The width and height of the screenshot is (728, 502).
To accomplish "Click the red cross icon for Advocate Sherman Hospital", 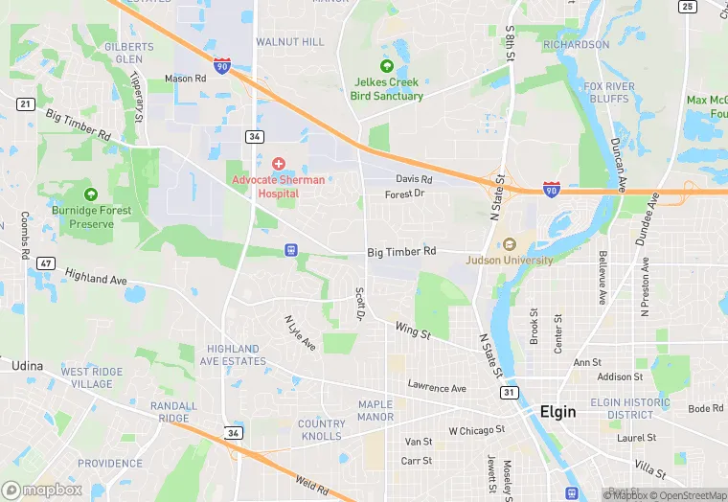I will [x=279, y=164].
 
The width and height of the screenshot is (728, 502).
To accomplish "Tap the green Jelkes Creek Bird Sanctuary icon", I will [x=387, y=66].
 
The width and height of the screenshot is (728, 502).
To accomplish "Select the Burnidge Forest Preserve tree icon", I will [x=91, y=194].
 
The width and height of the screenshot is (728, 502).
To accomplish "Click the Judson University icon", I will [x=509, y=244].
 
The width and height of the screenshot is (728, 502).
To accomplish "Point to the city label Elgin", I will [x=557, y=412].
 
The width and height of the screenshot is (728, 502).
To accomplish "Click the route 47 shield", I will [x=45, y=262].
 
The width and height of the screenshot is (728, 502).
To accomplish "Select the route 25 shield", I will [x=686, y=7].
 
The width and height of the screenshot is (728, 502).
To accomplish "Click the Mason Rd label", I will [x=185, y=79].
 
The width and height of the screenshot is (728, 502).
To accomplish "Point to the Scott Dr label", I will [x=360, y=303].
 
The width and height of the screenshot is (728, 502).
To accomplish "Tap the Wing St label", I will [x=413, y=330].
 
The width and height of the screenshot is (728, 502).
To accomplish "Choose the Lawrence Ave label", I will [x=436, y=388].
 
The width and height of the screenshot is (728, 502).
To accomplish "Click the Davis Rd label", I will [x=414, y=179].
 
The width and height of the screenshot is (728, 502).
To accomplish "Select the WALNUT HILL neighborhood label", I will [x=289, y=42].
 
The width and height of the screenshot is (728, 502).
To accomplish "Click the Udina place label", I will [x=28, y=365].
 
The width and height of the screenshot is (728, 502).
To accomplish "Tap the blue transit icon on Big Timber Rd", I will [x=290, y=250].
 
